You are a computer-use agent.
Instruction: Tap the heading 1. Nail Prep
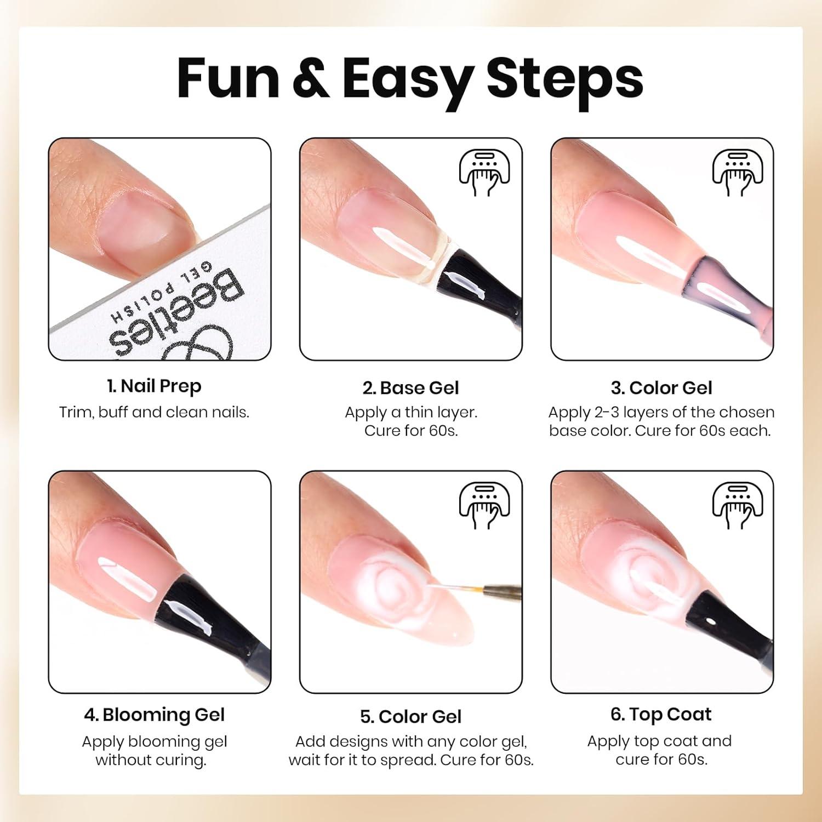click(154, 386)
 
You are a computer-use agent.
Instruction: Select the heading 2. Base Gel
click(410, 388)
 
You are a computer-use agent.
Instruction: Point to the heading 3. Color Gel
click(661, 388)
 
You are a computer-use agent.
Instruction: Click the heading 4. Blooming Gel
click(154, 715)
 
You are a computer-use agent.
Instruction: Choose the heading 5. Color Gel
click(410, 717)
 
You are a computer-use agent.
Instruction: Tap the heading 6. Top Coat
click(661, 715)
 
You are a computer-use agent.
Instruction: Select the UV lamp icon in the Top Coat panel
click(738, 505)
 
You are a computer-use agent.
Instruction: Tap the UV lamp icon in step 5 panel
click(484, 505)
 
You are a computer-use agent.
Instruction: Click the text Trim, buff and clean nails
click(154, 412)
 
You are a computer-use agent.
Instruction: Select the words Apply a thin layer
click(411, 413)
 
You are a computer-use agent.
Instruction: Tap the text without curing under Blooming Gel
click(151, 760)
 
